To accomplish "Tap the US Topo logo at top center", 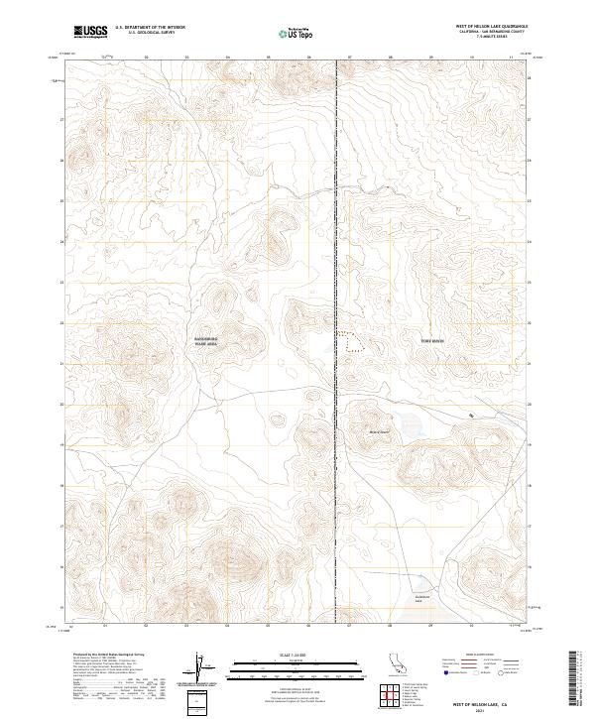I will point(298,33).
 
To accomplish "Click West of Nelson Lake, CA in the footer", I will point(477,700).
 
